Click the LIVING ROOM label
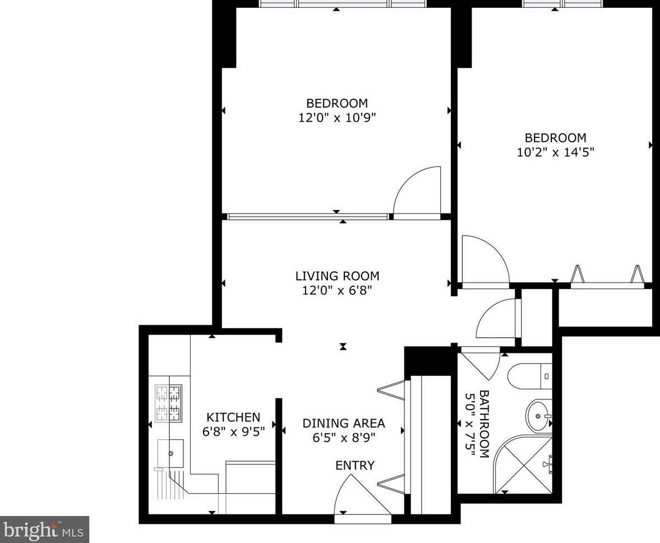(x=337, y=276)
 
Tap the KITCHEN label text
(x=233, y=417)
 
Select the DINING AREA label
(x=344, y=424)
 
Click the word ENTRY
(x=354, y=465)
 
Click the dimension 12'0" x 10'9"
(x=337, y=118)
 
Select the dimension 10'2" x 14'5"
(x=555, y=152)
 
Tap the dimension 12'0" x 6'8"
(x=337, y=291)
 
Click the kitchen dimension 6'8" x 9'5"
(x=233, y=432)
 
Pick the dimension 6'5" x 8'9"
(x=344, y=438)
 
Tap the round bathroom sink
(x=538, y=416)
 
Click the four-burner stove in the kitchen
(x=168, y=403)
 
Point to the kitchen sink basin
(x=170, y=452)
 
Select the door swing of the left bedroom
(x=416, y=191)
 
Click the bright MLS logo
(x=44, y=530)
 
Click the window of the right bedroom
(x=562, y=3)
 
